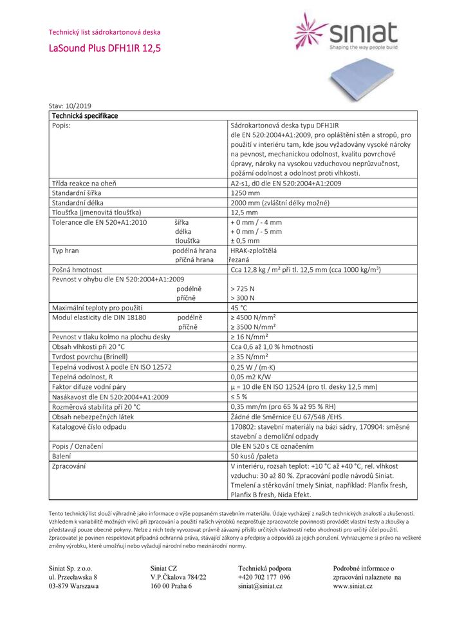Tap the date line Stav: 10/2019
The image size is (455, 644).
pyautogui.click(x=70, y=106)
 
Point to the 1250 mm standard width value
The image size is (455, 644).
pyautogui.click(x=245, y=193)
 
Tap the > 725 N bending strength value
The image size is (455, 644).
pyautogui.click(x=242, y=289)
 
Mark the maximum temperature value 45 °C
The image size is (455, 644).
pyautogui.click(x=239, y=308)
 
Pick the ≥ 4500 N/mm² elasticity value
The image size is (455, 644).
pyautogui.click(x=253, y=317)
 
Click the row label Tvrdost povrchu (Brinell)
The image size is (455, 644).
pyautogui.click(x=90, y=356)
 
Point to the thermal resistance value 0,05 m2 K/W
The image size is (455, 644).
pyautogui.click(x=252, y=376)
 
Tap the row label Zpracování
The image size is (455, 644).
pyautogui.click(x=69, y=466)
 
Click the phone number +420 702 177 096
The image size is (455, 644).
pyautogui.click(x=264, y=577)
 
